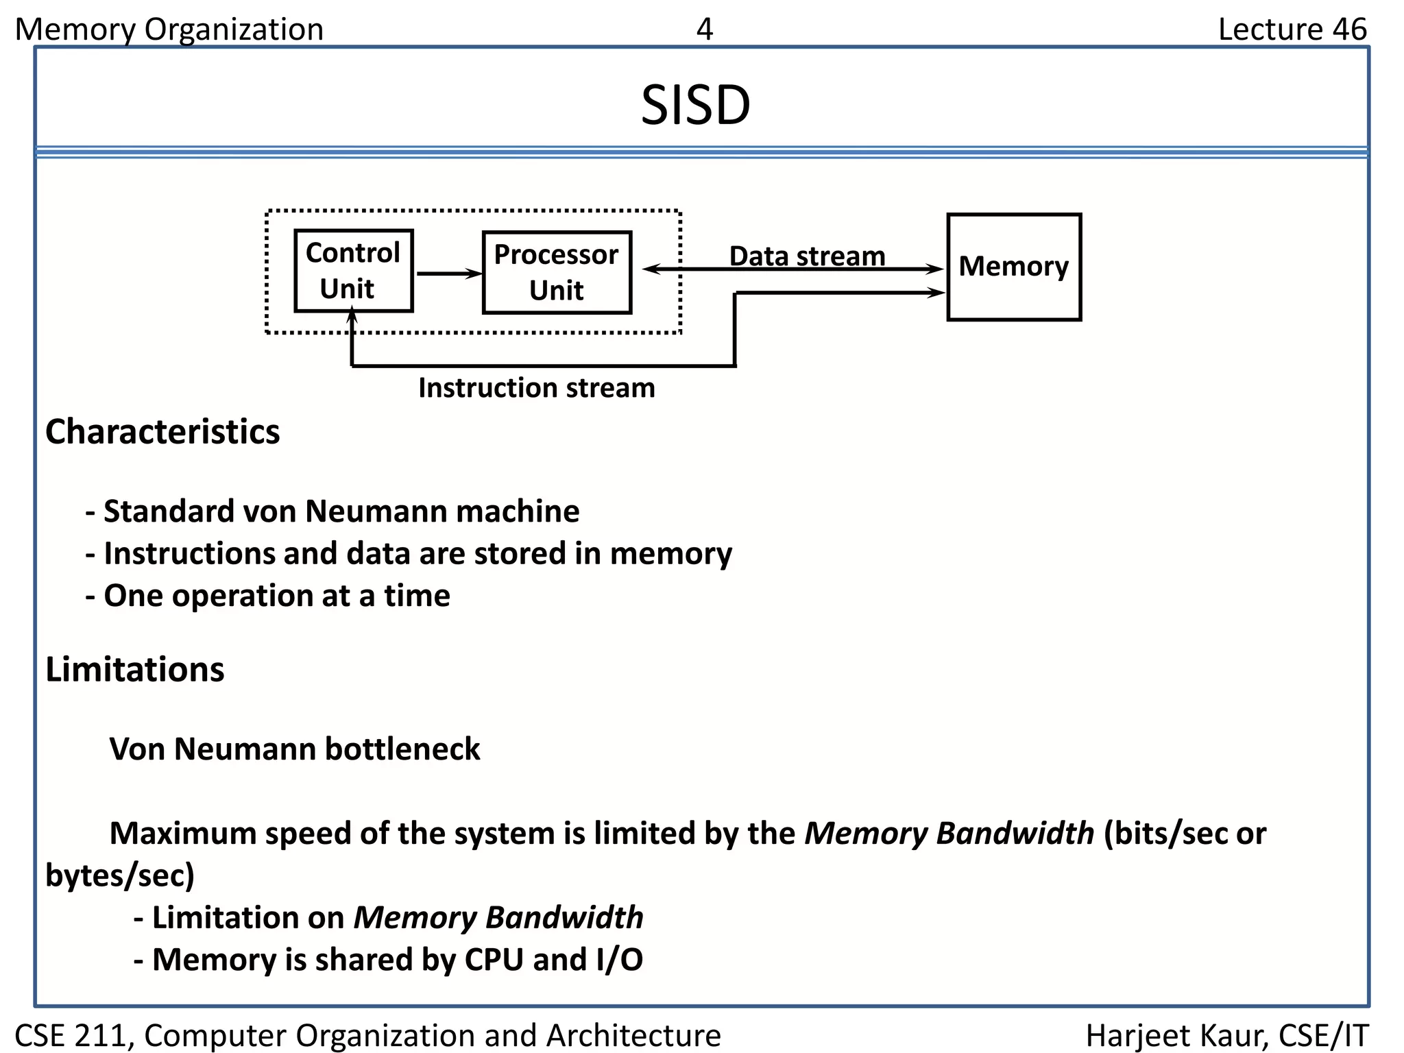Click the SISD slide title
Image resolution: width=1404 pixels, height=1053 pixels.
(x=695, y=106)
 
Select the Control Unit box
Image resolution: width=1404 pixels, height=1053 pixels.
(x=353, y=271)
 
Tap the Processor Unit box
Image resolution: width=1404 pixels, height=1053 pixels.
(x=556, y=272)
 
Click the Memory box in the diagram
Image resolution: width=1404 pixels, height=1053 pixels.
(x=1013, y=267)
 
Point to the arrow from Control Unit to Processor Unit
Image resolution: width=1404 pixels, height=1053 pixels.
(x=448, y=274)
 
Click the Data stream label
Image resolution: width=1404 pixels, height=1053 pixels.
(x=807, y=256)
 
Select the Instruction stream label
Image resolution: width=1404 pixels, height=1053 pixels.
(x=537, y=388)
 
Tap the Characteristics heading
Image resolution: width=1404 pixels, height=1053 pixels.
(x=162, y=432)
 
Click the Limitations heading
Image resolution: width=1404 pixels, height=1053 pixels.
(x=134, y=669)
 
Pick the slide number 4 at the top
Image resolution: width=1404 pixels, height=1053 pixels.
(x=704, y=29)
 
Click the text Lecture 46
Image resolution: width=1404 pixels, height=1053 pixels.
(x=1292, y=29)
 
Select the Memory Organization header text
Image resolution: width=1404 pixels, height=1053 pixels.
(x=169, y=29)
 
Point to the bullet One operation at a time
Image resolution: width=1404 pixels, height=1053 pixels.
(x=267, y=596)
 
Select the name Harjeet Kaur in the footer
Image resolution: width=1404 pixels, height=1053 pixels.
(x=1175, y=1035)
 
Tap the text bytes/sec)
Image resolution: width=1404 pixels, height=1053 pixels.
(x=120, y=875)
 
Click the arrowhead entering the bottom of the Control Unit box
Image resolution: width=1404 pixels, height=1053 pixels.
(x=352, y=316)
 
